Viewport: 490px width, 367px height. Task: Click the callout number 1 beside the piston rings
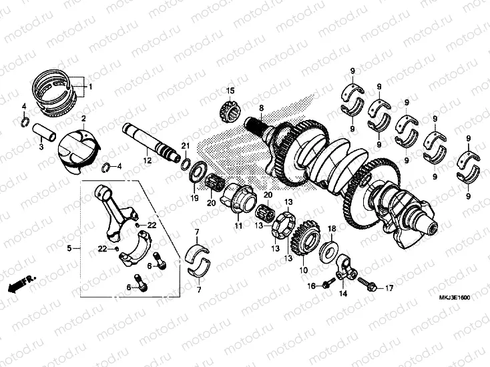pos(91,87)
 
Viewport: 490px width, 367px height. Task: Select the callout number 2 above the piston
pos(84,118)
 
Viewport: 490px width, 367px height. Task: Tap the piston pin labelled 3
pos(47,130)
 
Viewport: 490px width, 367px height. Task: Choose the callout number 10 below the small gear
pos(304,270)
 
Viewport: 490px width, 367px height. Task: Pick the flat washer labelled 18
pos(328,251)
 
